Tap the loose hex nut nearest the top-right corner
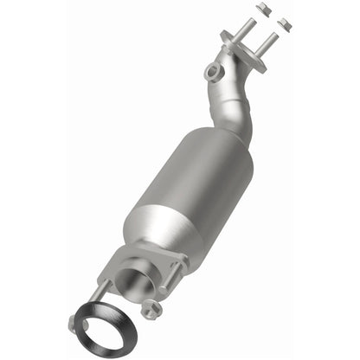[x=286, y=22]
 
